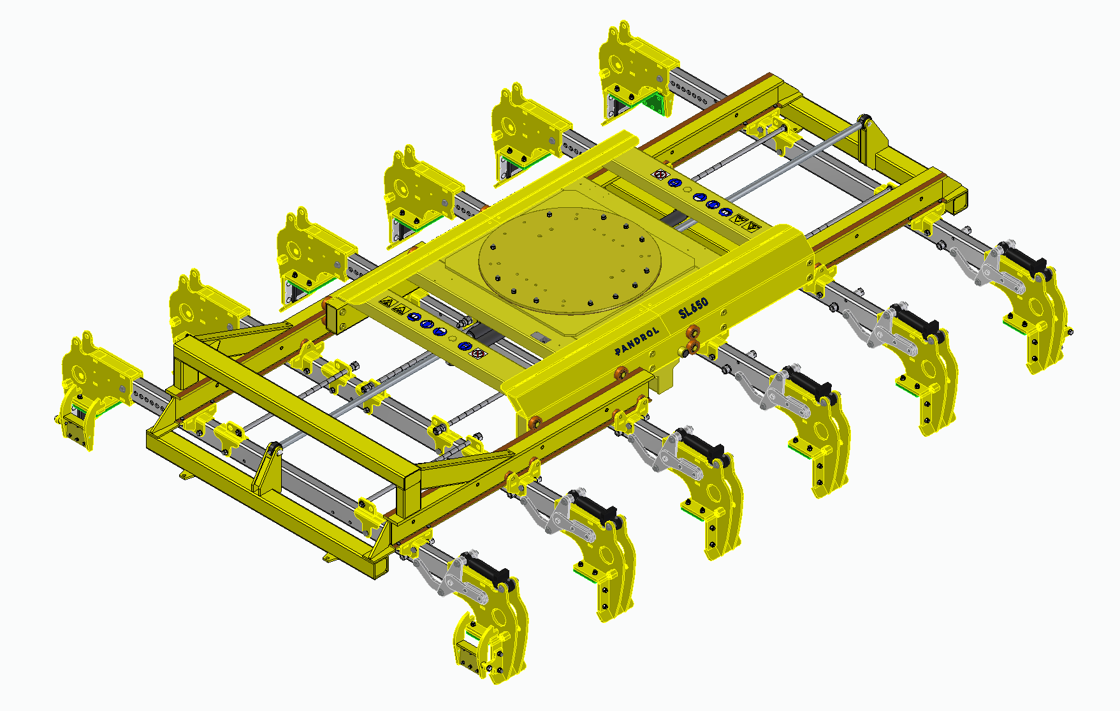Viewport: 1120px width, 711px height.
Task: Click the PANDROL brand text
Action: click(637, 342)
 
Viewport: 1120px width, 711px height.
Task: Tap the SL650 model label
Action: click(694, 308)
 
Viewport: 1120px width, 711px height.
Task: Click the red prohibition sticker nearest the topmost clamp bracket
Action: click(662, 175)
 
